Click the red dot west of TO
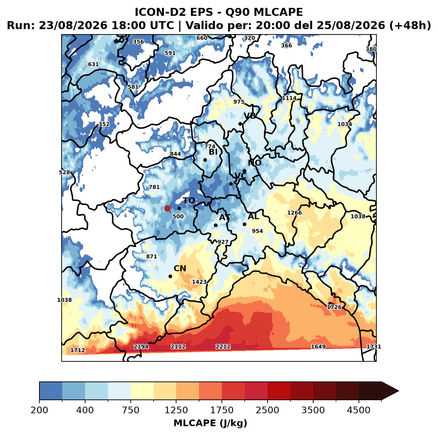pyautogui.click(x=167, y=208)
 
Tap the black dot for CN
pyautogui.click(x=170, y=276)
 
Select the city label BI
pyautogui.click(x=213, y=152)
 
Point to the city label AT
pyautogui.click(x=224, y=217)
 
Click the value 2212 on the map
pyautogui.click(x=223, y=347)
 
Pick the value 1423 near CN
pyautogui.click(x=199, y=282)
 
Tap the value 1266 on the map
pyautogui.click(x=295, y=213)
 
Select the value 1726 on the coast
pyautogui.click(x=334, y=307)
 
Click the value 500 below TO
pyautogui.click(x=178, y=217)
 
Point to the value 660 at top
pyautogui.click(x=202, y=38)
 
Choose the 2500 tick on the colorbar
pyautogui.click(x=268, y=400)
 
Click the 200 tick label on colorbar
pyautogui.click(x=39, y=410)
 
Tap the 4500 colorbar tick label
pyautogui.click(x=359, y=410)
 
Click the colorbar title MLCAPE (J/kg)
pyautogui.click(x=210, y=423)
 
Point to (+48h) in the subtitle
pyautogui.click(x=410, y=26)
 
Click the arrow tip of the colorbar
pyautogui.click(x=399, y=391)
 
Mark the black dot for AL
pyautogui.click(x=244, y=224)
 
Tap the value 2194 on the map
pyautogui.click(x=141, y=347)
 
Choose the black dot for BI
pyautogui.click(x=205, y=160)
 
